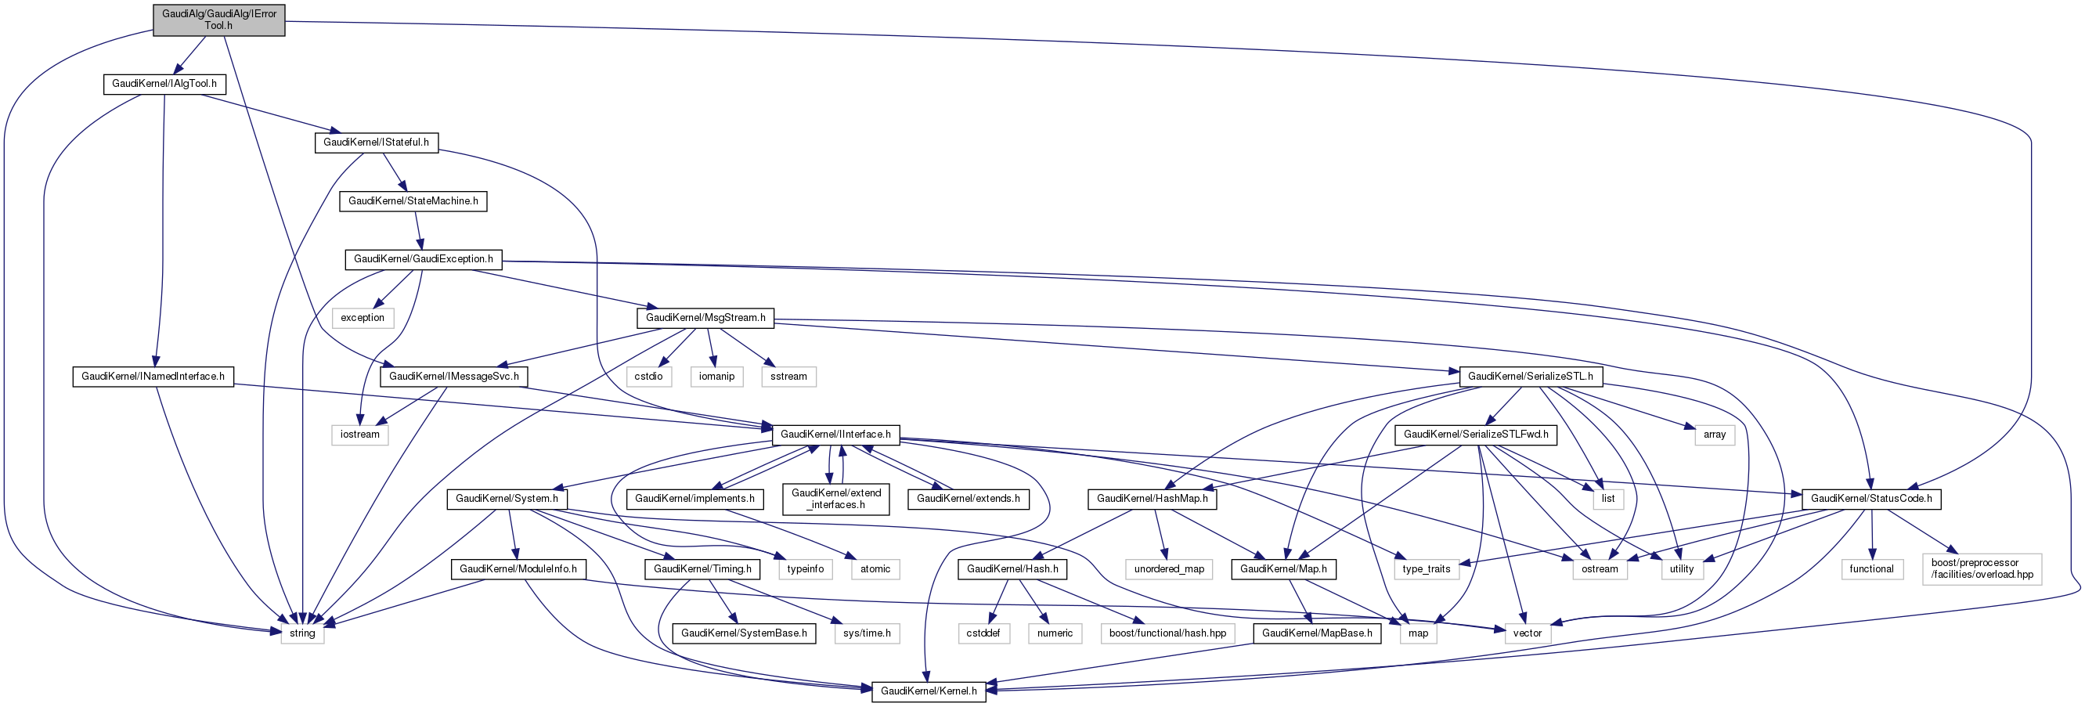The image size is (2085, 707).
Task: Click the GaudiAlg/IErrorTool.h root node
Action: point(218,20)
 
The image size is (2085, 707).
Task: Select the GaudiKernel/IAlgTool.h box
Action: point(164,84)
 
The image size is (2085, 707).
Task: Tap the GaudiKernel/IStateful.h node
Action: point(376,142)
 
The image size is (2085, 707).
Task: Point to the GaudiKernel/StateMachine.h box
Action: point(413,201)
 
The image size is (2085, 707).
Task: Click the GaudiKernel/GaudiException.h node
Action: point(424,259)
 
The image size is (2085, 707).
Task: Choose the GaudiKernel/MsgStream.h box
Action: point(705,317)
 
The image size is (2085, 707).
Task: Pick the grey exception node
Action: point(363,317)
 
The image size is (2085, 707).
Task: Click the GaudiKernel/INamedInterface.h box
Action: point(153,377)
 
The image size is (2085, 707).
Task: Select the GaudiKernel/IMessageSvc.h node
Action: point(454,377)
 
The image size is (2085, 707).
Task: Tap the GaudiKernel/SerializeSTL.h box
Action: point(1530,377)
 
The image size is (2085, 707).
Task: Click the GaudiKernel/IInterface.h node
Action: point(835,435)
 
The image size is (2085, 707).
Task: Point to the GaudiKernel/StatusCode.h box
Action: point(1871,499)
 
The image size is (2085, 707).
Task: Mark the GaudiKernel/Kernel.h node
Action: point(929,691)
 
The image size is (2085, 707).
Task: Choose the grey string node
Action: point(302,633)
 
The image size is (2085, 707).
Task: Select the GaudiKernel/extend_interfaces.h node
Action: point(836,499)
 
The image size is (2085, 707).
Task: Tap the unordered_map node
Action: point(1169,569)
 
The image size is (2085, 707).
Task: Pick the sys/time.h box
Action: point(866,633)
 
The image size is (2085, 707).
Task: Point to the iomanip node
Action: point(716,377)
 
